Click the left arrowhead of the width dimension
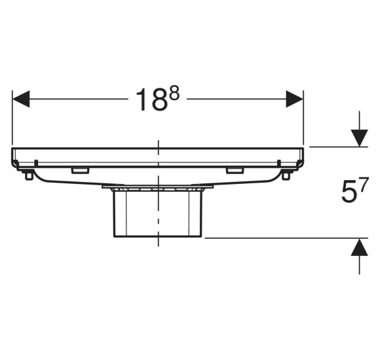21,99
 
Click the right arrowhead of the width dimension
294,99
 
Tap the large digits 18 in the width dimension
152,99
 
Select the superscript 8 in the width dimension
174,94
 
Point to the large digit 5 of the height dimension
349,192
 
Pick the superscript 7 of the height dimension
364,183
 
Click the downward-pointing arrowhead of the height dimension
360,138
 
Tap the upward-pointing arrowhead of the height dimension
360,247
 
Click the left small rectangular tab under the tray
80,171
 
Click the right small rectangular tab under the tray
235,171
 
